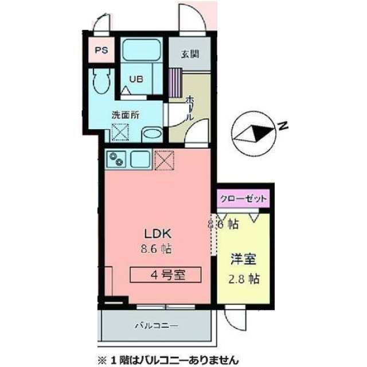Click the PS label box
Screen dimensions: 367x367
[101, 50]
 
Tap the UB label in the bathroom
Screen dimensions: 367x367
[135, 80]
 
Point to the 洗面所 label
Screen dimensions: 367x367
[125, 114]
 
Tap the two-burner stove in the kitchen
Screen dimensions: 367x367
[117, 158]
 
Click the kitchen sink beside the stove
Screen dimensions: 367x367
[140, 158]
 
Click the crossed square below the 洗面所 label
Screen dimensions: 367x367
[121, 131]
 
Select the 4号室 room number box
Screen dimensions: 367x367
[166, 275]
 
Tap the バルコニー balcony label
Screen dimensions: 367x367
[157, 325]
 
